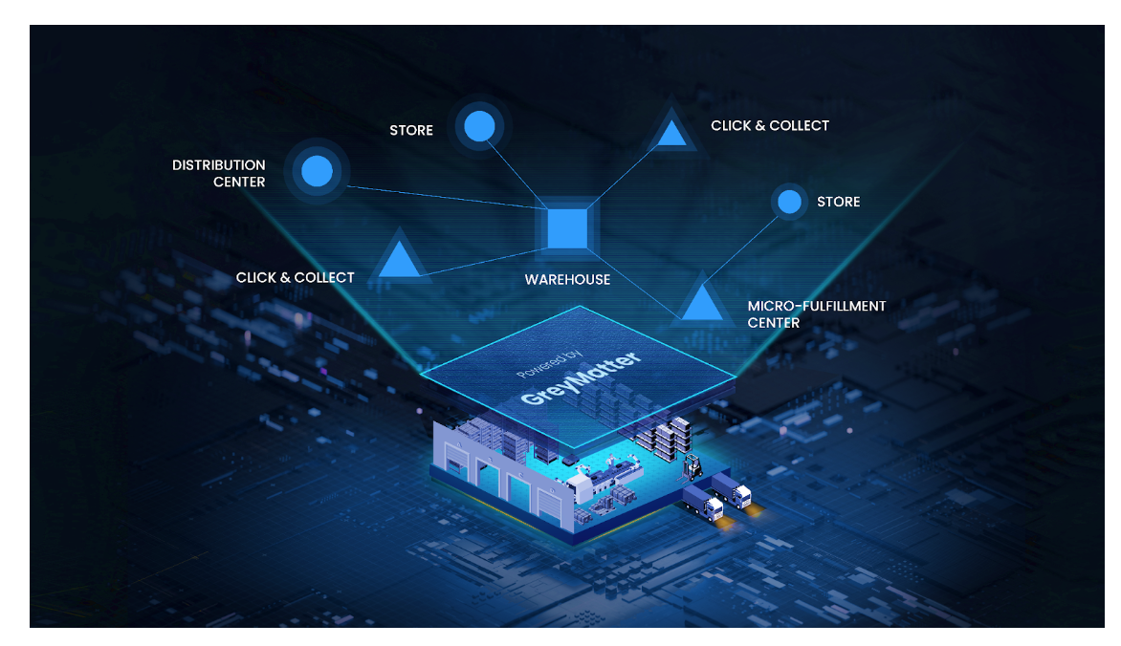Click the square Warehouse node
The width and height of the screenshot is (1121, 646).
tap(567, 227)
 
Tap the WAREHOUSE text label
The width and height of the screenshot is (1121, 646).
tap(567, 280)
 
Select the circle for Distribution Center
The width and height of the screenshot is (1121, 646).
tap(317, 171)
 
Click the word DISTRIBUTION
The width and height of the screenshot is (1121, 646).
tap(219, 165)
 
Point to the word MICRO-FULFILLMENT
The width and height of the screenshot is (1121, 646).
tap(816, 306)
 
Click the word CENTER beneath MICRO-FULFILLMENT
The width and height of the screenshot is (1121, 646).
tap(773, 323)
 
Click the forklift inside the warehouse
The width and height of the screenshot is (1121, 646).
tap(690, 467)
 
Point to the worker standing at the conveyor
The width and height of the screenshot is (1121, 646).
tap(580, 475)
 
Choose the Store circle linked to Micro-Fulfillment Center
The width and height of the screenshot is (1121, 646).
tap(789, 202)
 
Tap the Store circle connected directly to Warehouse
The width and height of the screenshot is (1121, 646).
tap(478, 125)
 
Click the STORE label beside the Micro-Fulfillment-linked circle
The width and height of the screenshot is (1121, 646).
tap(838, 202)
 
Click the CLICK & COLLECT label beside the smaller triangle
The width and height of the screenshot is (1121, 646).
tap(769, 125)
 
